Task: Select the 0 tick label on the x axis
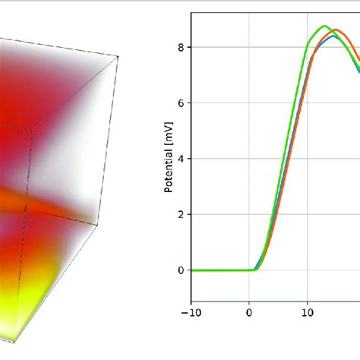click(250, 311)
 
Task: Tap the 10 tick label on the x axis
click(308, 311)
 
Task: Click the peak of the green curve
click(324, 26)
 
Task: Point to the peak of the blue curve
click(334, 36)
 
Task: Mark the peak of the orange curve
click(336, 31)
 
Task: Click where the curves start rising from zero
click(256, 268)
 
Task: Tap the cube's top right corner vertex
click(119, 55)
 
